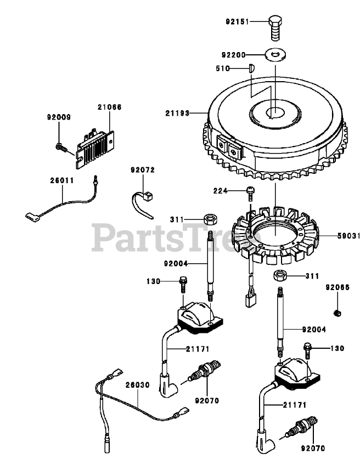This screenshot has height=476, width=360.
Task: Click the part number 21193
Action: pos(177,114)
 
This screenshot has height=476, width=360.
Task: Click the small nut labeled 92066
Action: pos(336,313)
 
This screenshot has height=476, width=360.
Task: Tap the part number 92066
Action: pos(336,287)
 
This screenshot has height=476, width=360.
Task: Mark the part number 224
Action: pos(221,191)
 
